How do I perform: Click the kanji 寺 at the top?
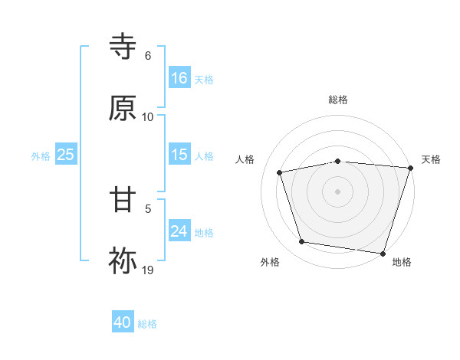(x=123, y=47)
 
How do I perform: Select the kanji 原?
(x=123, y=108)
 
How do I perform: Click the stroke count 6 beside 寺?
(x=148, y=56)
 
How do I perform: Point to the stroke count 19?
(x=148, y=270)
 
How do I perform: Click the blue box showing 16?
(x=179, y=78)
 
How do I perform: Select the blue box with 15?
(x=179, y=155)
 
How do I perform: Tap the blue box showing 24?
(x=179, y=231)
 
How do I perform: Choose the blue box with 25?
(x=66, y=155)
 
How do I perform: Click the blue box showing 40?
(x=123, y=323)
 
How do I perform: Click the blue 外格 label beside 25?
(x=41, y=155)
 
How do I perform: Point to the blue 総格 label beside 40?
(x=147, y=324)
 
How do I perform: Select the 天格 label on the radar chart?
(x=431, y=159)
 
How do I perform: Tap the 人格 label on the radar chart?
(x=245, y=159)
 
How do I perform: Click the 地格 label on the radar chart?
(x=402, y=262)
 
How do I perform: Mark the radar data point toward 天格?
(x=410, y=168)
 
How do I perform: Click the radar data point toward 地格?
(x=383, y=253)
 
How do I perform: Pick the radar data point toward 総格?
(x=337, y=161)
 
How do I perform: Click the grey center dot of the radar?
(x=337, y=191)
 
